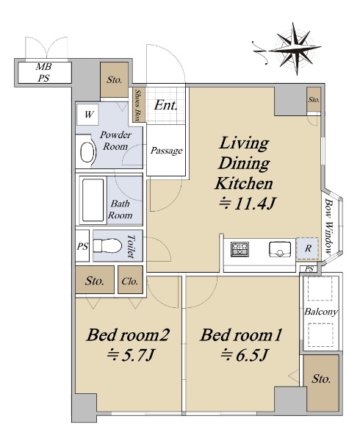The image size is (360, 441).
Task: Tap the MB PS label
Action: (44, 73)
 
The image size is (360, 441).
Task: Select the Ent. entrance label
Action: (166, 106)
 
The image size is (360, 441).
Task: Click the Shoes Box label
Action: (138, 104)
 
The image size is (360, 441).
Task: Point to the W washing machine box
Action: (87, 115)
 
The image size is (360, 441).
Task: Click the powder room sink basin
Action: (87, 152)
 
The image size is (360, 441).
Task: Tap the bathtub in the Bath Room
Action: (93, 200)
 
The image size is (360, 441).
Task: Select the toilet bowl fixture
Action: (107, 245)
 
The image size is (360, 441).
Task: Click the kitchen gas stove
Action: (240, 249)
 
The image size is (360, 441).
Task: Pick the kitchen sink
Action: (279, 249)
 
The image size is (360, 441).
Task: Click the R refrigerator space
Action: (307, 248)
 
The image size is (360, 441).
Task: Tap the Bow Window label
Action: (329, 226)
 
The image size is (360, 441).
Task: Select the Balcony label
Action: (321, 312)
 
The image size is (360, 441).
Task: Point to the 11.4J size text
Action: (247, 204)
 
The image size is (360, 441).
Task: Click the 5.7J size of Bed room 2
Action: (130, 356)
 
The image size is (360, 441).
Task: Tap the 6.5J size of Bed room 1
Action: (243, 356)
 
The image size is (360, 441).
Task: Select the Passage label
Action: (166, 151)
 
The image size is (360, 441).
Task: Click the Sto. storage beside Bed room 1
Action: (322, 384)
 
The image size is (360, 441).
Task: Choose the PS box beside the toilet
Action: (82, 246)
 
